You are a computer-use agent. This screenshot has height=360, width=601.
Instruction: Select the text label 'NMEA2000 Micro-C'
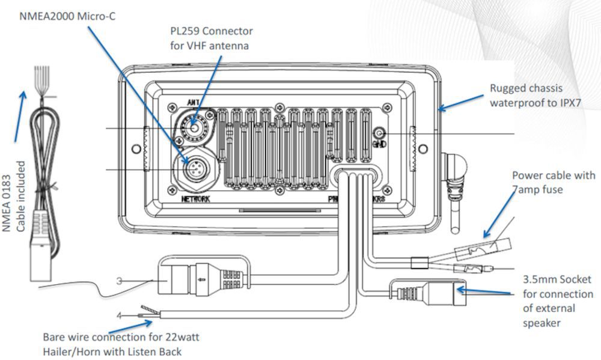[67, 16]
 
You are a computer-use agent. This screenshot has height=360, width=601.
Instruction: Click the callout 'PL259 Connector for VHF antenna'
[210, 38]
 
